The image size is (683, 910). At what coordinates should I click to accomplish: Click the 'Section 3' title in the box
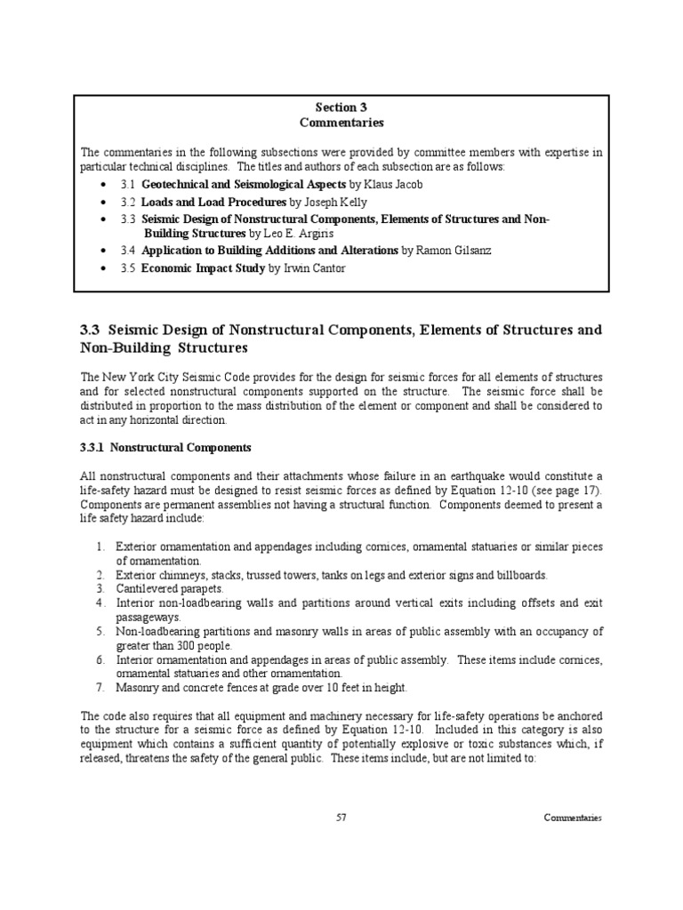(341, 108)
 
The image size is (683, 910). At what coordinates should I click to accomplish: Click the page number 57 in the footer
(341, 818)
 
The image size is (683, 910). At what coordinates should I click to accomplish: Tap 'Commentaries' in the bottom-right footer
(573, 818)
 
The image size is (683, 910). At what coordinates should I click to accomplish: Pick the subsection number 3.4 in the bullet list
(126, 251)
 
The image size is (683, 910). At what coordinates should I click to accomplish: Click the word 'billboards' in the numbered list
(522, 575)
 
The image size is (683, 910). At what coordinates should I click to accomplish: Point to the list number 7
(101, 688)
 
